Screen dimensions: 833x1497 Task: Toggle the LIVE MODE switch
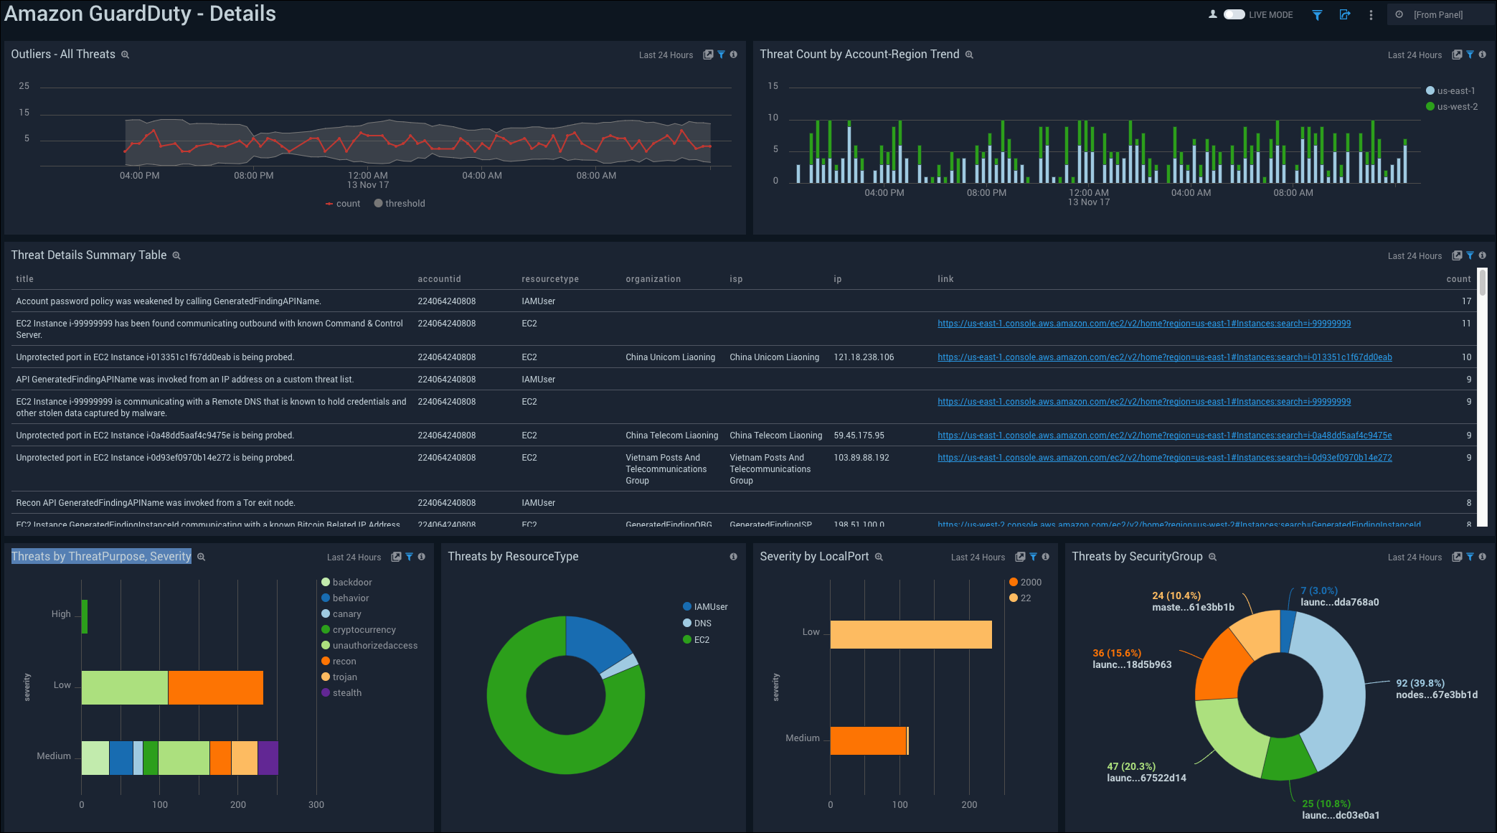click(1234, 14)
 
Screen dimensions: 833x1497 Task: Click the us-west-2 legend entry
click(1456, 107)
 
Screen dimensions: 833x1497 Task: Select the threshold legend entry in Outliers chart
click(404, 204)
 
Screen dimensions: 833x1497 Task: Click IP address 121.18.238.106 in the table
click(864, 357)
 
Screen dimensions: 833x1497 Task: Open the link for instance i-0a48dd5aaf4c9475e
click(1164, 436)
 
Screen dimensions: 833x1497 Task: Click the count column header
click(1458, 279)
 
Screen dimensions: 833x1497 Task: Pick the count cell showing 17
click(1466, 301)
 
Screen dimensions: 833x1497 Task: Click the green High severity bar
click(85, 616)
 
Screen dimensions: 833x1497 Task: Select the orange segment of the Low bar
click(215, 687)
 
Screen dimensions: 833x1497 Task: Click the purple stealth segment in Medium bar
click(268, 758)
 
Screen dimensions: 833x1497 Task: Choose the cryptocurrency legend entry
click(364, 630)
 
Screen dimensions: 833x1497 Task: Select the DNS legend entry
click(702, 623)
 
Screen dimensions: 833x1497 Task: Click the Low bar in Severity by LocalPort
click(910, 634)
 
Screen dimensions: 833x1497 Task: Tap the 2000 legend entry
click(1030, 583)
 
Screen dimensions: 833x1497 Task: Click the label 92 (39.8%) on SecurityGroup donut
click(1420, 683)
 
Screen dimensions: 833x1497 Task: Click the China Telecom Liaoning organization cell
click(671, 436)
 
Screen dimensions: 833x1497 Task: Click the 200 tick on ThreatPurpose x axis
click(238, 804)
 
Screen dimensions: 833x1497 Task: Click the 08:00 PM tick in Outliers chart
click(253, 176)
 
